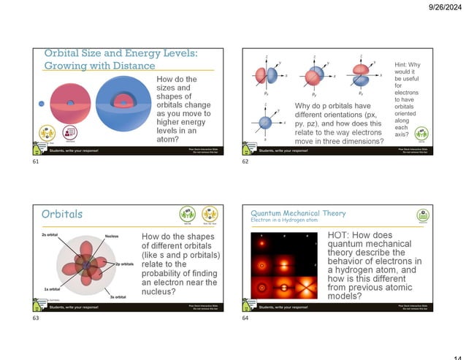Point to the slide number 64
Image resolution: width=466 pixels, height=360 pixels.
(246, 318)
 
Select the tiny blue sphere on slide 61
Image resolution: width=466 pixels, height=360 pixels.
(41, 103)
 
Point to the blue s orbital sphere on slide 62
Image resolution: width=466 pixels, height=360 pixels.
(266, 121)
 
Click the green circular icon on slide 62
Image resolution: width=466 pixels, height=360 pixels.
(421, 134)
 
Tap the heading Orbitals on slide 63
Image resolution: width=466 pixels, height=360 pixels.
(62, 214)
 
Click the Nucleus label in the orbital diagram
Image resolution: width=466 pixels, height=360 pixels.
(111, 236)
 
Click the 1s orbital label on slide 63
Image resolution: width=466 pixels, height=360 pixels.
(51, 288)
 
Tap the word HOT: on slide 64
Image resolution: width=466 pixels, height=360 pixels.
(340, 235)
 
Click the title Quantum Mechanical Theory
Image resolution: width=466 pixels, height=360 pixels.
(298, 213)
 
